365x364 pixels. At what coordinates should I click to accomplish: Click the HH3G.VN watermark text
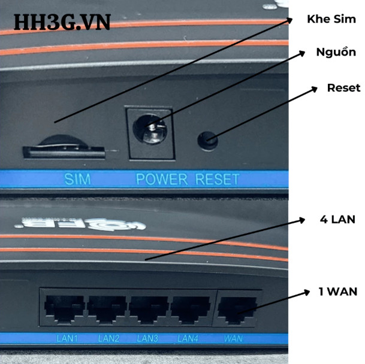(x=62, y=22)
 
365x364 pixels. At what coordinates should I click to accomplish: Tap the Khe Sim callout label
(x=331, y=19)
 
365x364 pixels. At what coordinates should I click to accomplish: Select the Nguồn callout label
(x=336, y=52)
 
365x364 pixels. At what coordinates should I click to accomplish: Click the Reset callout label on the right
(x=343, y=88)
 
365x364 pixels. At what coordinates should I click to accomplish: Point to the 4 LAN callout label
(x=338, y=220)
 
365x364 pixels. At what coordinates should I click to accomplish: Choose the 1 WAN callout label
(x=338, y=292)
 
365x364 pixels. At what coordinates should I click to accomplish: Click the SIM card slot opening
(x=65, y=153)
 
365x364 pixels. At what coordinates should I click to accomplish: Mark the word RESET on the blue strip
(x=217, y=178)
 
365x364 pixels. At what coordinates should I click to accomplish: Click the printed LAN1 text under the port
(x=67, y=339)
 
